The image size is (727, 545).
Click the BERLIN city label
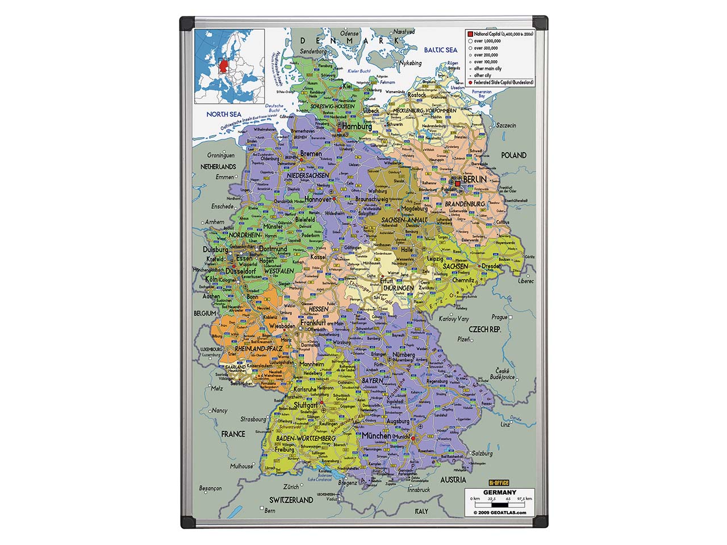[475, 179]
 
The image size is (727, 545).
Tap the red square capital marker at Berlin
[457, 183]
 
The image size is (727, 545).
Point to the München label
[376, 436]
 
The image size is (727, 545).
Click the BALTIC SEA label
[440, 50]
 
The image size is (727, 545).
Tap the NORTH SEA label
[223, 114]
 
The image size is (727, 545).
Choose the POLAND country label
[513, 155]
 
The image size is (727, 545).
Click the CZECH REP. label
[484, 329]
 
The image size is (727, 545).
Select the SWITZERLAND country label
[291, 500]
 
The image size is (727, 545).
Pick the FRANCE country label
[233, 434]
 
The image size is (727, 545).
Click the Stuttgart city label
[306, 406]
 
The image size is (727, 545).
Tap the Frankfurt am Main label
[322, 322]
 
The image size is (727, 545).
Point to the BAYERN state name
[373, 380]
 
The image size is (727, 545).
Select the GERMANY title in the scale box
[500, 492]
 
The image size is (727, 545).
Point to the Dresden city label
[491, 266]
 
